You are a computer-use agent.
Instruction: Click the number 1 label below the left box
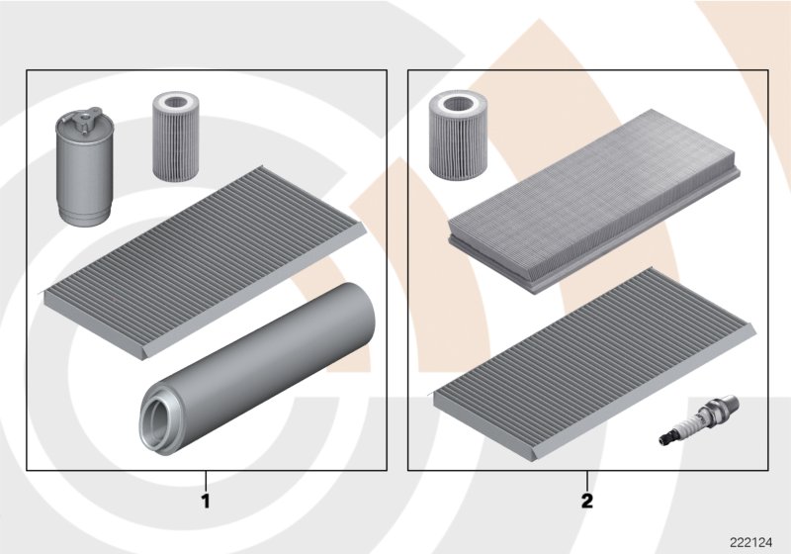point(206,501)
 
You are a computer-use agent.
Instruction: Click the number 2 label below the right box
point(587,501)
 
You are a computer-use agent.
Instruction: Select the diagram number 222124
point(750,543)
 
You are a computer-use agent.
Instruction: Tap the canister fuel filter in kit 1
point(82,167)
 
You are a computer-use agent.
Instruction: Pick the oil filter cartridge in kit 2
point(458,135)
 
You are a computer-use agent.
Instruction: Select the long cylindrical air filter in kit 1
point(257,369)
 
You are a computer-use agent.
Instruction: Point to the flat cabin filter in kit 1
point(204,262)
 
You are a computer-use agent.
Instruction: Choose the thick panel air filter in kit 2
point(594,202)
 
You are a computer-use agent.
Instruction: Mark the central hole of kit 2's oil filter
point(458,104)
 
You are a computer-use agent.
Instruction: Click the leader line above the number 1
point(206,481)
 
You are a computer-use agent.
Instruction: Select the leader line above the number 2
point(587,481)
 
